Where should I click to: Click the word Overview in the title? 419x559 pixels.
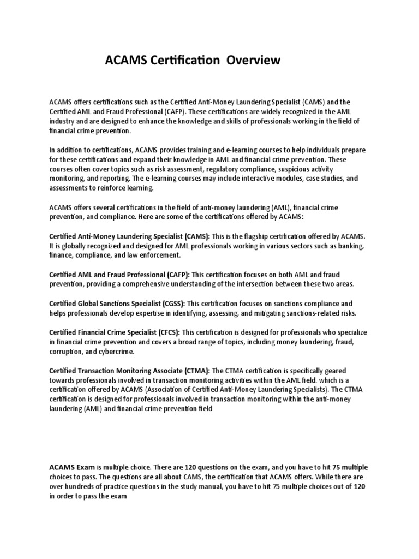[254, 60]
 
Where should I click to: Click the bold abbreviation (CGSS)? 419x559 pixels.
[167, 303]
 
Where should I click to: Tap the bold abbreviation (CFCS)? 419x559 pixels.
[164, 332]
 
